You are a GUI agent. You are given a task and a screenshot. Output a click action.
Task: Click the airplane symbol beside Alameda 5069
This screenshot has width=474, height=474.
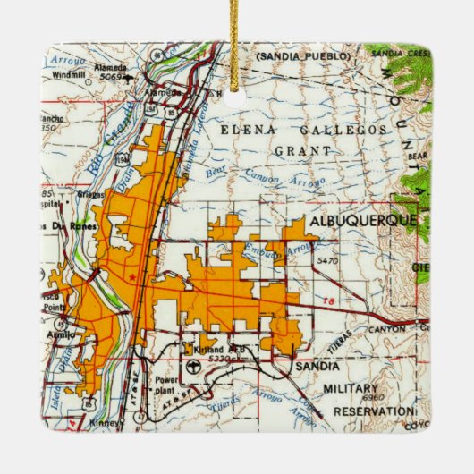(130, 77)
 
